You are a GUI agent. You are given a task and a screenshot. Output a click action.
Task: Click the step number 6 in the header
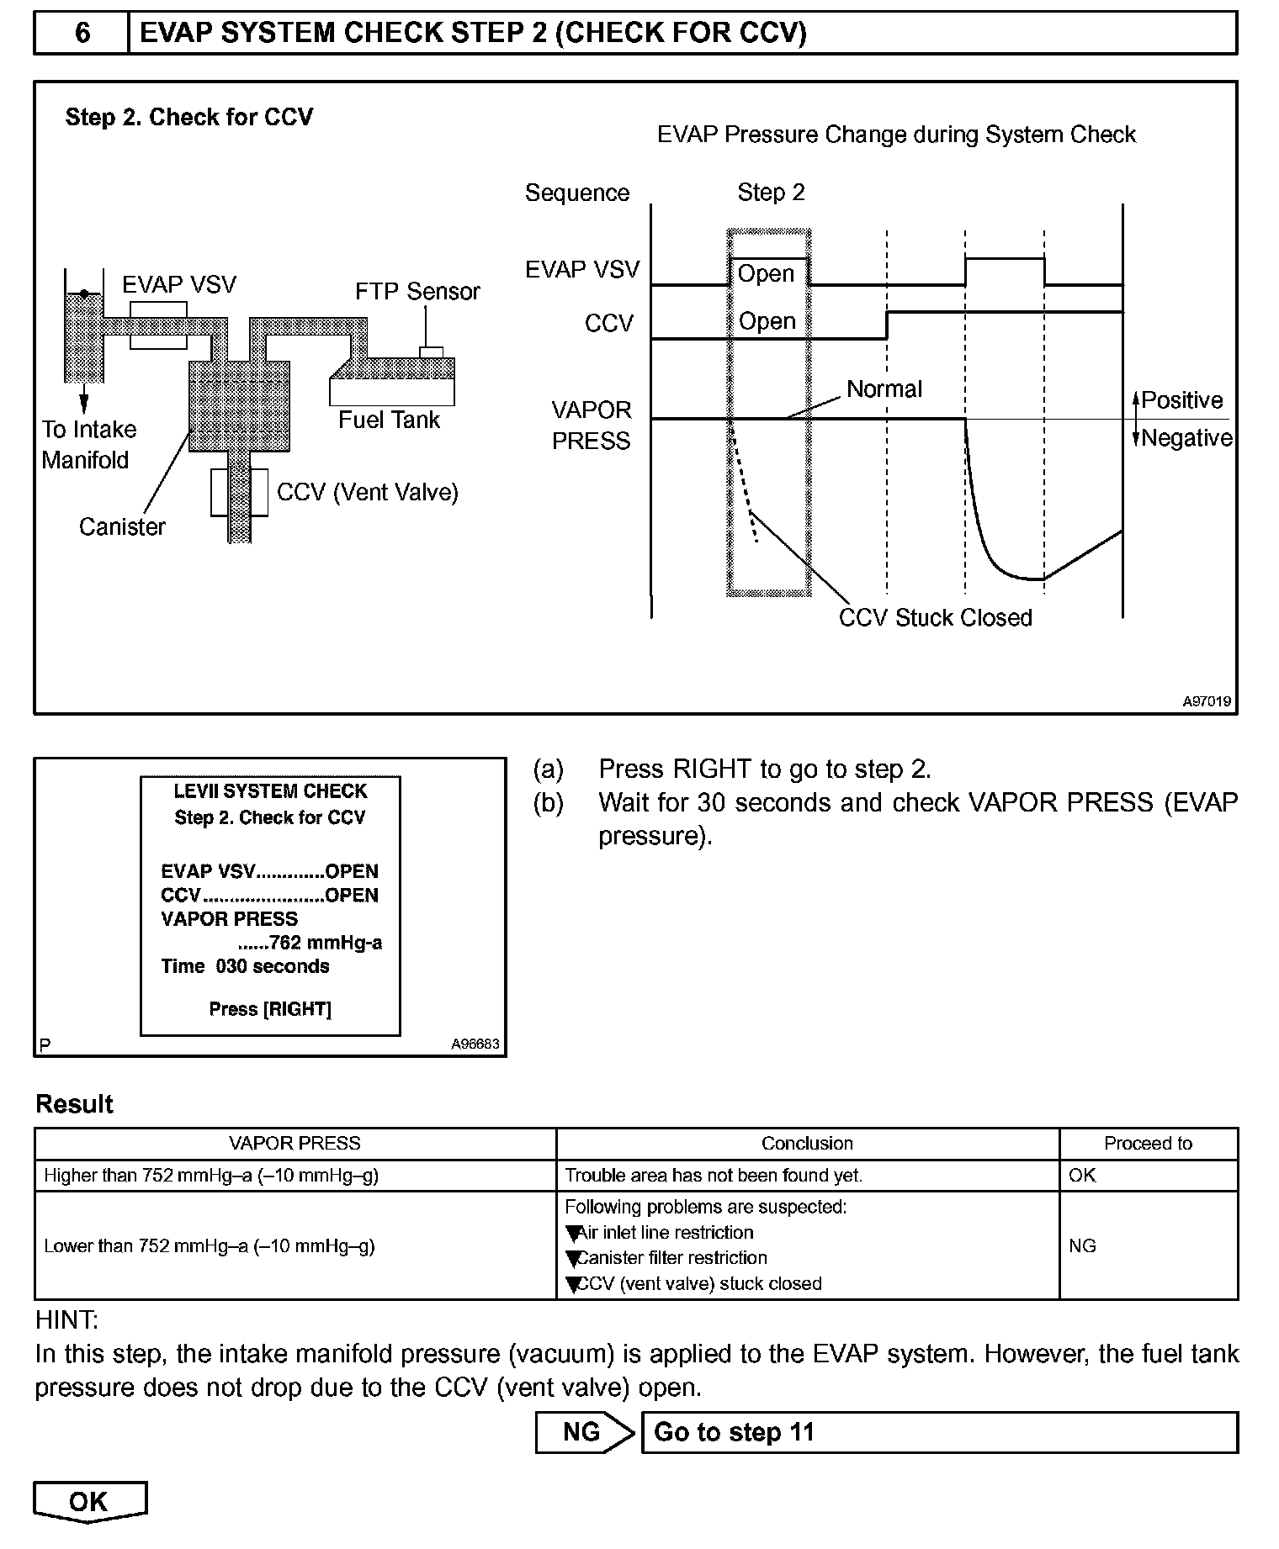pyautogui.click(x=82, y=33)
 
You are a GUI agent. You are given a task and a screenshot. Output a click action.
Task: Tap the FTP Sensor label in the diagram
pyautogui.click(x=417, y=292)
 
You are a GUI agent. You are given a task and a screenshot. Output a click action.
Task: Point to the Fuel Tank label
pyautogui.click(x=389, y=420)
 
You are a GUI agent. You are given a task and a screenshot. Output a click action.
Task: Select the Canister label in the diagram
pyautogui.click(x=122, y=527)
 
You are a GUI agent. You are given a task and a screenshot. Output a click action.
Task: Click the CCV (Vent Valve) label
pyautogui.click(x=367, y=492)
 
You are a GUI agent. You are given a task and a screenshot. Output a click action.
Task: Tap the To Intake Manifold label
pyautogui.click(x=88, y=445)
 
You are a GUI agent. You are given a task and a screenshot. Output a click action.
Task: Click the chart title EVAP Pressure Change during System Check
pyautogui.click(x=896, y=135)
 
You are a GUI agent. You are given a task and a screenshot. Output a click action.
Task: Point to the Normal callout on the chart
pyautogui.click(x=884, y=389)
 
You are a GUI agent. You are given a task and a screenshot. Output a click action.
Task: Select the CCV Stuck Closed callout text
pyautogui.click(x=935, y=618)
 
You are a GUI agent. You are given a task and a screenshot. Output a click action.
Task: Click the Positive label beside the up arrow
pyautogui.click(x=1181, y=400)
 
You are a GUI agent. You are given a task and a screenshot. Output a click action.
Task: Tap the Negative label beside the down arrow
pyautogui.click(x=1186, y=438)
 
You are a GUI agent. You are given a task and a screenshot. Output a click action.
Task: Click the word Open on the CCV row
pyautogui.click(x=767, y=321)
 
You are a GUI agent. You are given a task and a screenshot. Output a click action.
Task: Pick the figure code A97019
pyautogui.click(x=1207, y=701)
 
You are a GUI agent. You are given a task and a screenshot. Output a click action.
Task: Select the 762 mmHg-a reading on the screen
pyautogui.click(x=325, y=943)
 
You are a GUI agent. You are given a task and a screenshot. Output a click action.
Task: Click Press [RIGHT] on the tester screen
pyautogui.click(x=270, y=1009)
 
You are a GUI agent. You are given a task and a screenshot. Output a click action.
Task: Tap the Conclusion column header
pyautogui.click(x=807, y=1144)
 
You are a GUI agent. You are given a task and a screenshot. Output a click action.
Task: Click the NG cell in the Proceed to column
pyautogui.click(x=1082, y=1245)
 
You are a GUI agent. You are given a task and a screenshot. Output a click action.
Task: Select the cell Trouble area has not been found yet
pyautogui.click(x=714, y=1176)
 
